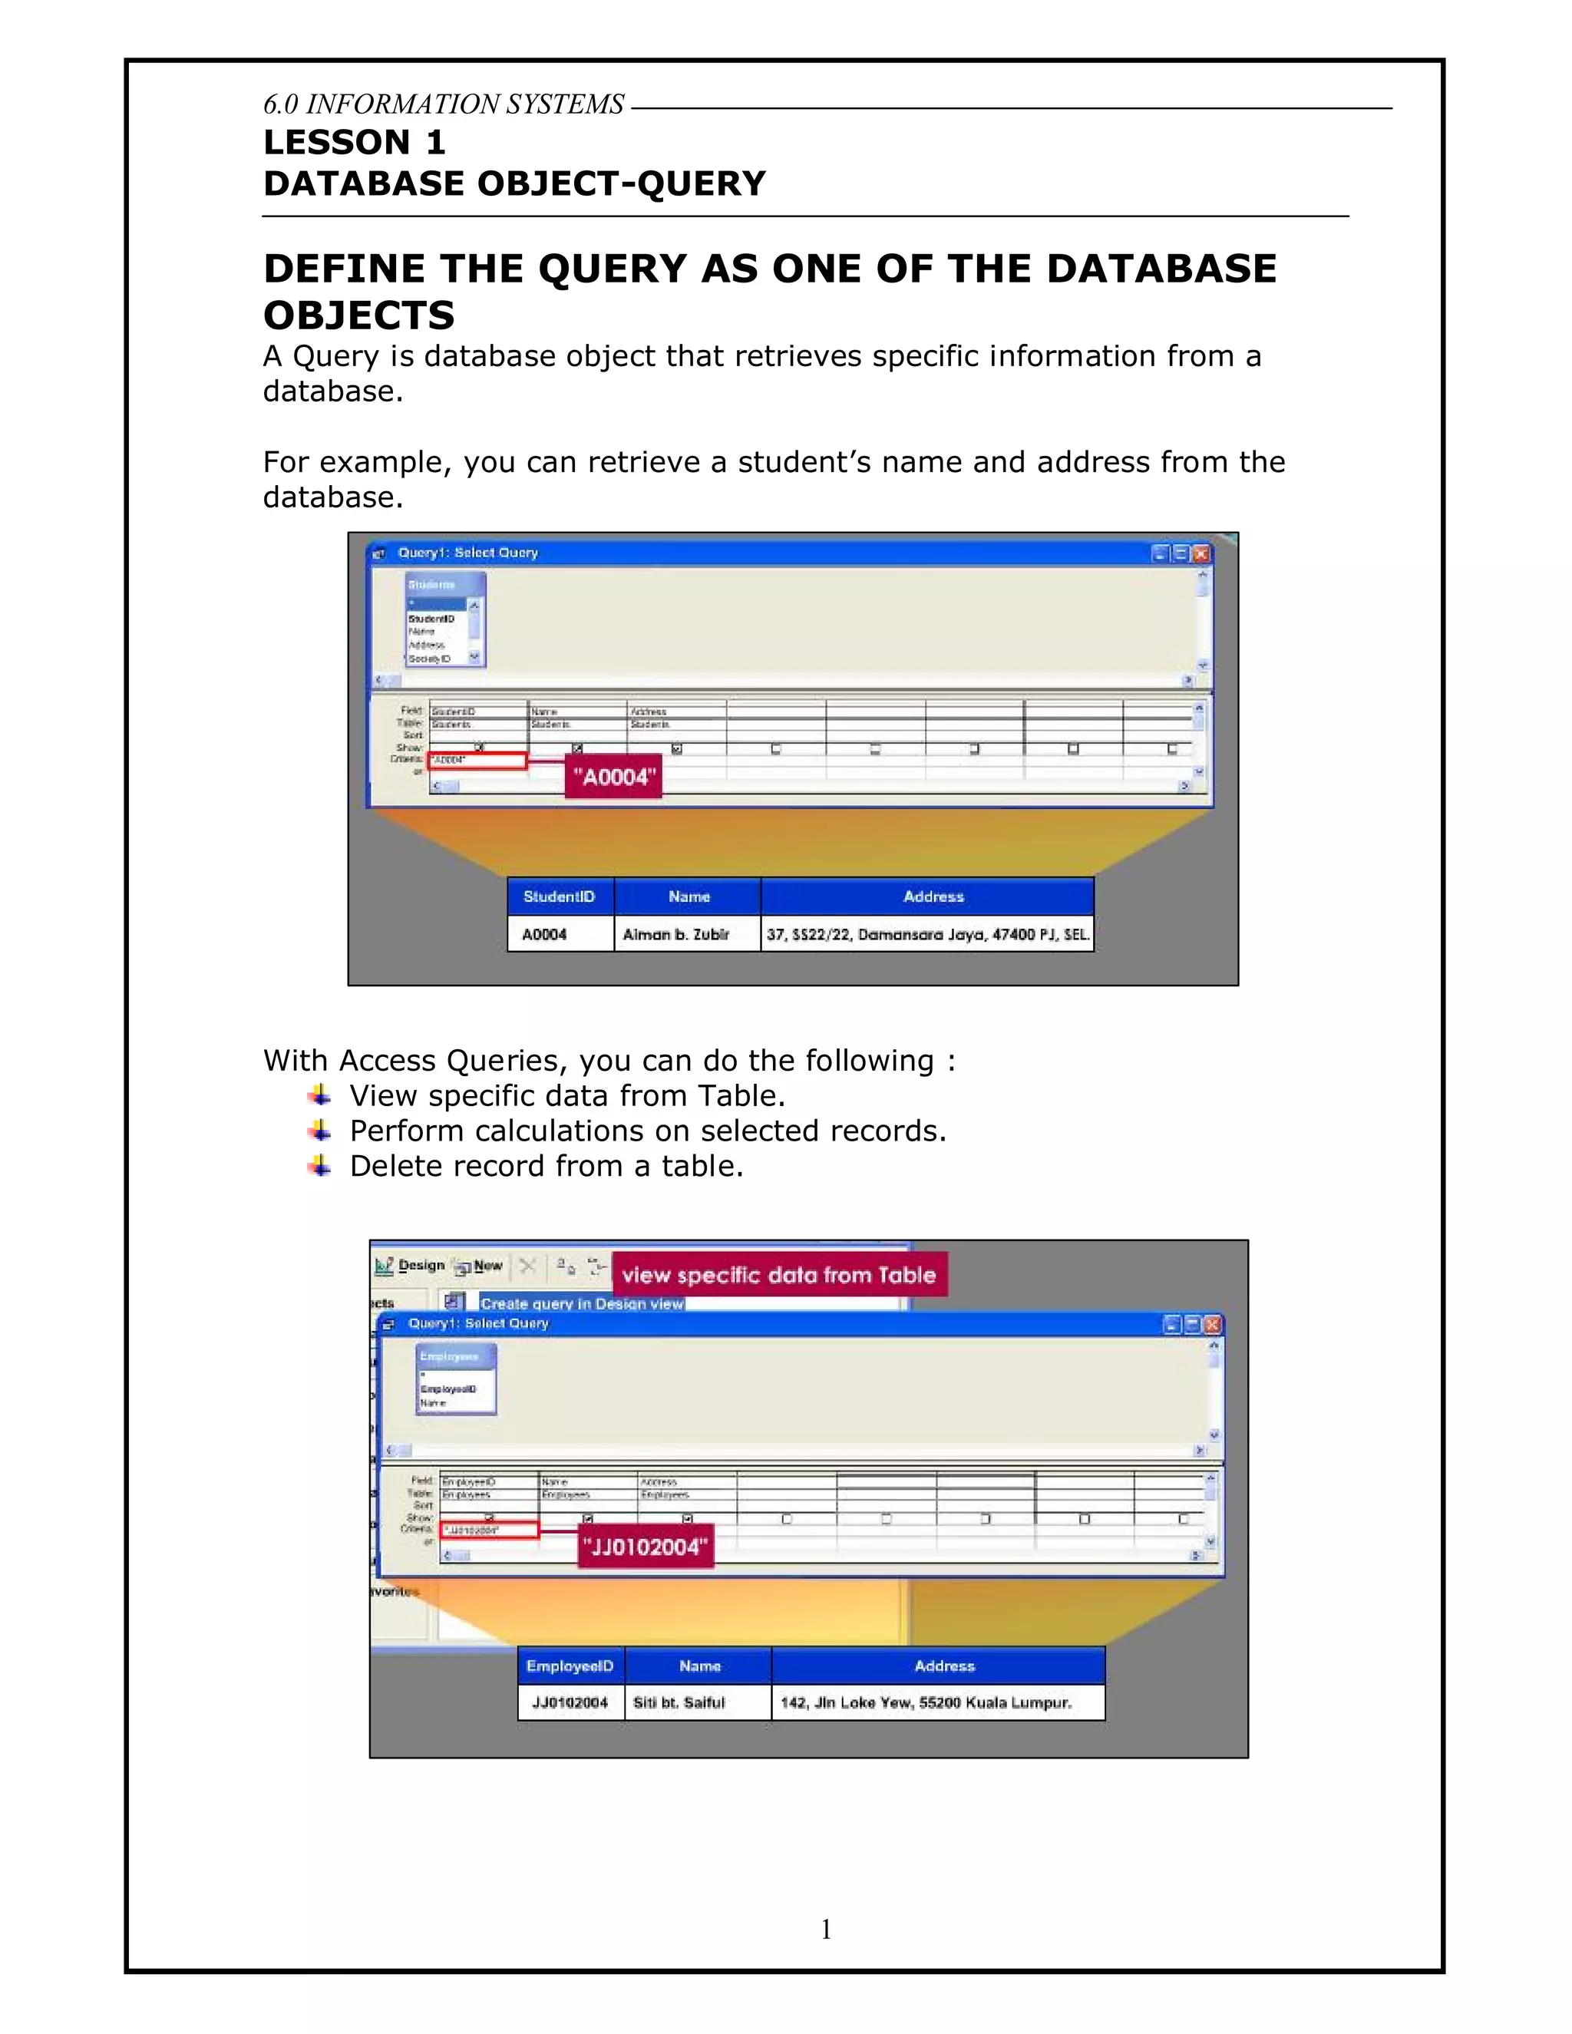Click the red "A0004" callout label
tap(613, 777)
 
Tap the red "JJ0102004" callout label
tap(646, 1547)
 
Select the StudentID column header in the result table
tap(560, 896)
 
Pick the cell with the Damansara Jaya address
tap(926, 933)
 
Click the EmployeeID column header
tap(570, 1666)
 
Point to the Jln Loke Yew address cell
tap(937, 1702)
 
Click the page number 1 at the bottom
tap(826, 1929)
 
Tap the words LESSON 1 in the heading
tap(355, 143)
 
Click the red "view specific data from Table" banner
tap(778, 1275)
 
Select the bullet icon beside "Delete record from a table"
tap(319, 1165)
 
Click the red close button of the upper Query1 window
tap(1201, 553)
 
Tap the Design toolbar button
tap(411, 1266)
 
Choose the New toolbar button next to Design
tap(479, 1266)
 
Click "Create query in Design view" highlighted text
tap(581, 1304)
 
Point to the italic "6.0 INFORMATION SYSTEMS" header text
tap(444, 104)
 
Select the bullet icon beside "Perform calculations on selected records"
tap(319, 1130)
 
